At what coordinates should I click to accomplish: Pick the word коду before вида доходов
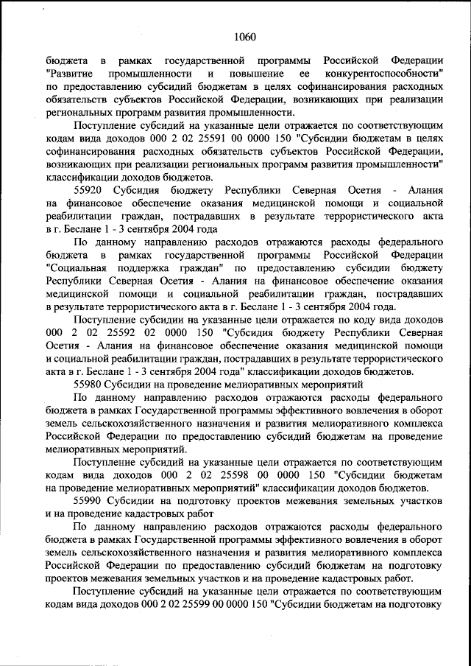[356, 319]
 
